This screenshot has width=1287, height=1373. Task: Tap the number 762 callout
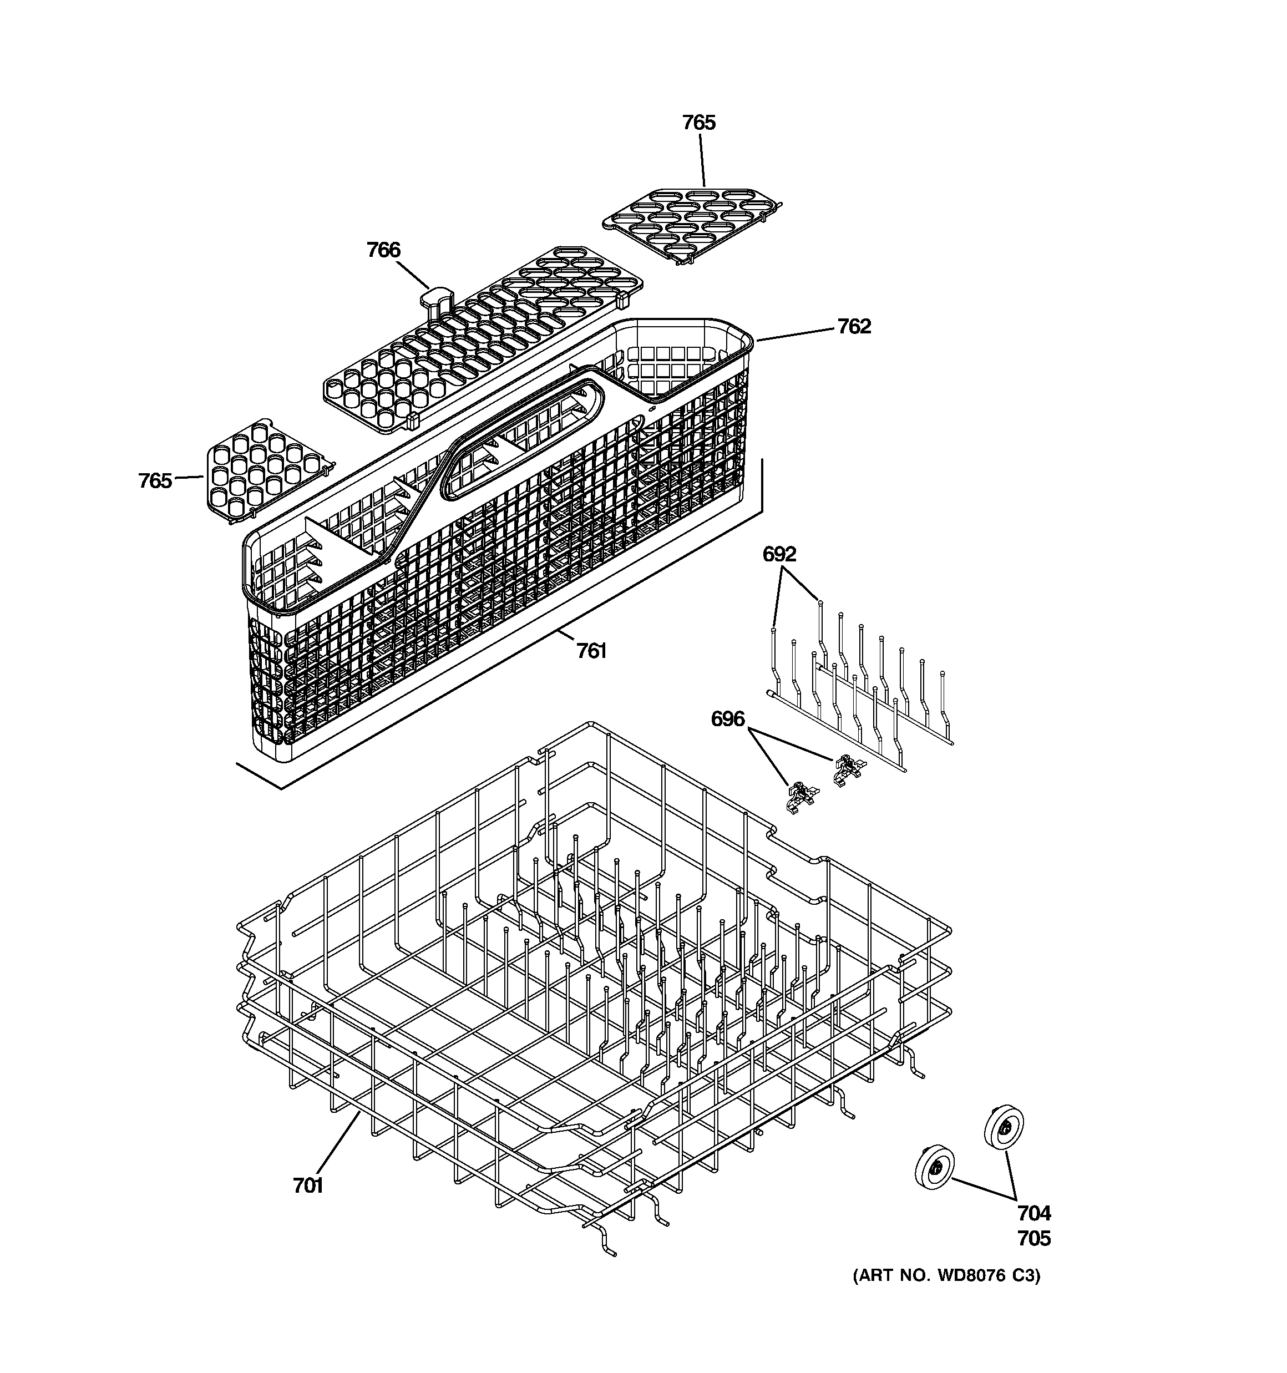click(854, 326)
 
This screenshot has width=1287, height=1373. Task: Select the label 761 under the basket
click(591, 651)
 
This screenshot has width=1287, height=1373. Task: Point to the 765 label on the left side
click(155, 480)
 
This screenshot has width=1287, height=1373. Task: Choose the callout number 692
click(779, 554)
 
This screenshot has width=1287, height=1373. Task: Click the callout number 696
click(727, 719)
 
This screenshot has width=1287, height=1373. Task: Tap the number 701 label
click(308, 1185)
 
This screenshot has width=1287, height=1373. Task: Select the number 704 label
click(1033, 1213)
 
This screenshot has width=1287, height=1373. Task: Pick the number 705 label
click(1033, 1238)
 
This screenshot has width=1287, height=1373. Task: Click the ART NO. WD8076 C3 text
click(946, 1275)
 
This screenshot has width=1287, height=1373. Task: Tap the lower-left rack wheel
click(935, 1167)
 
